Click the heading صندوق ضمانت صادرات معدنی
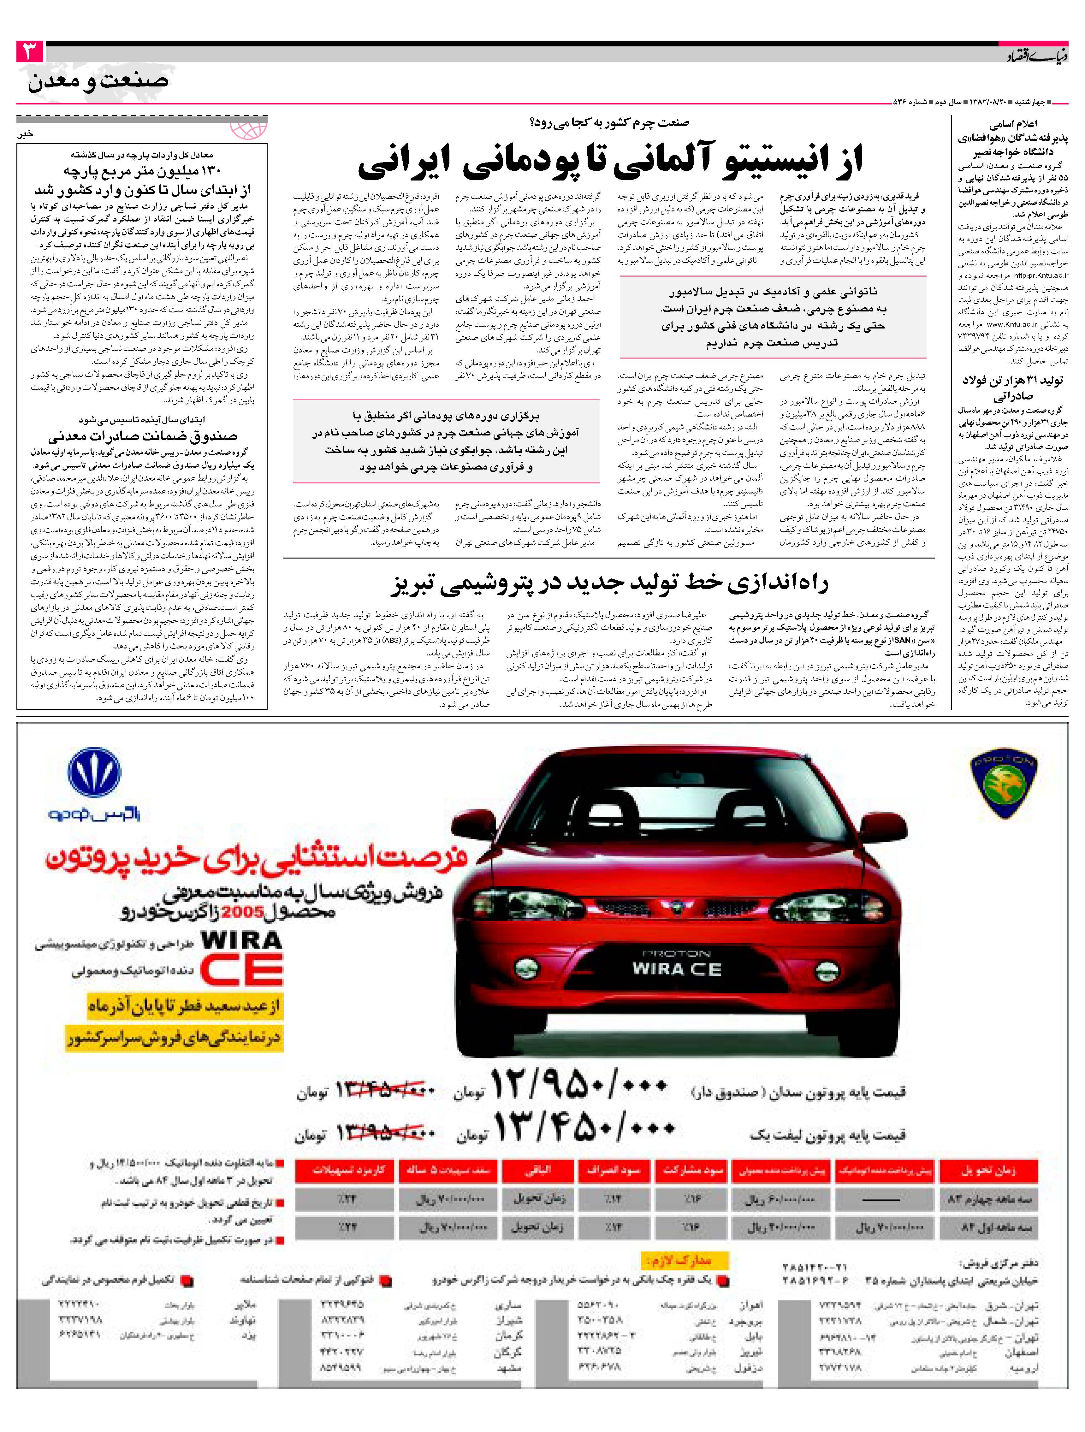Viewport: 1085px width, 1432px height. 142,436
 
